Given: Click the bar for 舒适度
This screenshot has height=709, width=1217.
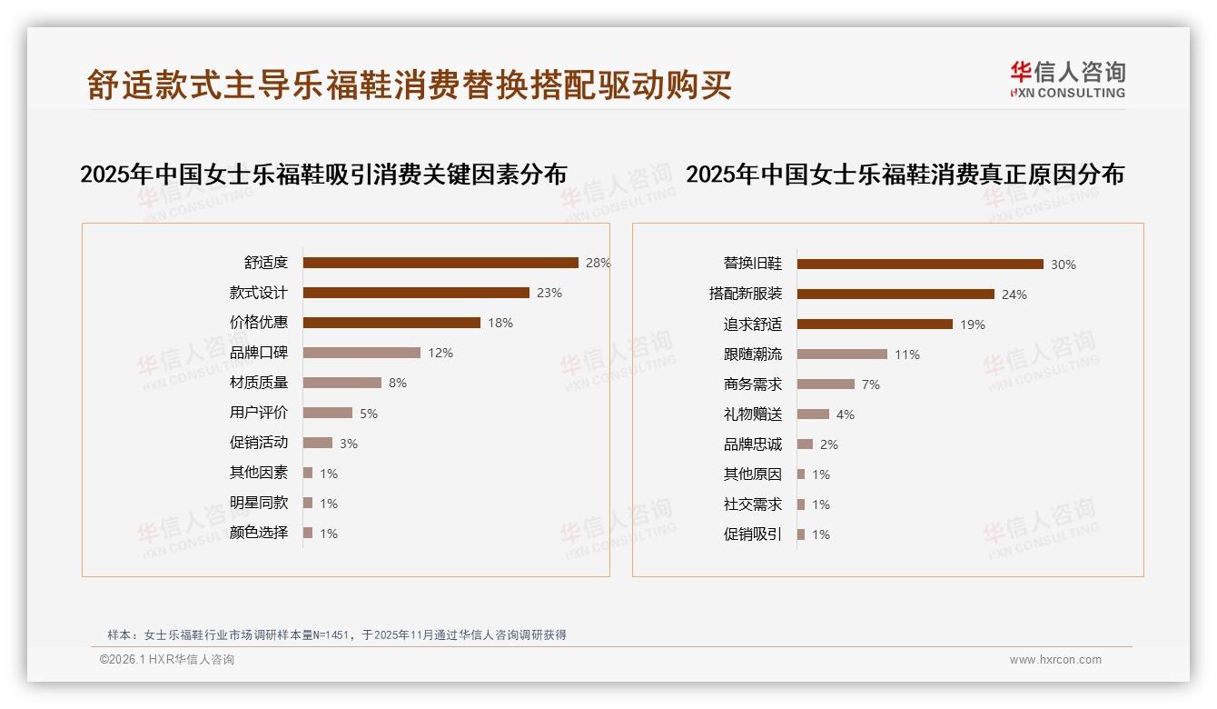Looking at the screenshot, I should point(440,263).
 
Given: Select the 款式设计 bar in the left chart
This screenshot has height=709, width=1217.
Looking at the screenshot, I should point(416,293).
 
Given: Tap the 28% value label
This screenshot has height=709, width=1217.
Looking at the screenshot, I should point(598,263).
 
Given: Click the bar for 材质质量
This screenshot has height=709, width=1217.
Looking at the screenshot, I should point(342,383).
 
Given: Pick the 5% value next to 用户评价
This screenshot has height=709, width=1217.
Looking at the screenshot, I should point(369,414).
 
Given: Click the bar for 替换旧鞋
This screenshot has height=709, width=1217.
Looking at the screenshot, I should point(920,265).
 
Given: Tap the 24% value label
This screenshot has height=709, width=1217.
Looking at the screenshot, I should point(1014,295).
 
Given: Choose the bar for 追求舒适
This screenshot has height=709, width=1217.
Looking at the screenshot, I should point(875,325).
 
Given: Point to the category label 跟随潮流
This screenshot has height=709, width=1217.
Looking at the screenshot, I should point(752,354).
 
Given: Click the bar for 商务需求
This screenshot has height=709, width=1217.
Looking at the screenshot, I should point(826,384).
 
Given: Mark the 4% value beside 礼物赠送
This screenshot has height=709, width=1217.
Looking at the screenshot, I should point(845,414).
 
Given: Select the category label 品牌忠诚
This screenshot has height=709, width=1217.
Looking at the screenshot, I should point(752,444).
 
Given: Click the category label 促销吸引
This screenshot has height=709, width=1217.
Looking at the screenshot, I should point(752,534).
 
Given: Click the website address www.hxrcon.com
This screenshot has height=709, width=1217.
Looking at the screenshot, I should point(1055,660).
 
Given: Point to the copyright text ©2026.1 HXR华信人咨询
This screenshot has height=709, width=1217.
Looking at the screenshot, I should point(166,660).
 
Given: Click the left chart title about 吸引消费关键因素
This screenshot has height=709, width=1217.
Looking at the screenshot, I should point(323,175).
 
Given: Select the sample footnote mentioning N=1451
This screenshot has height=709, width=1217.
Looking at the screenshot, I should point(337,634).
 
